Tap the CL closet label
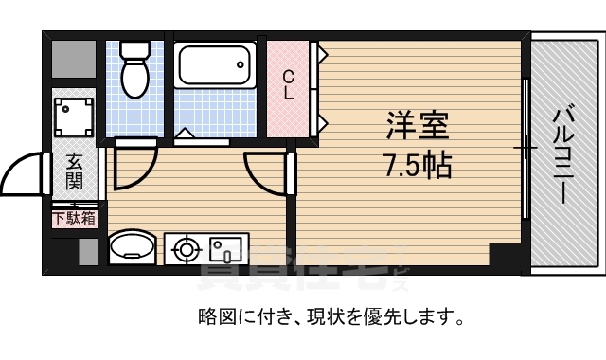(x=288, y=85)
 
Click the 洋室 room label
(x=418, y=125)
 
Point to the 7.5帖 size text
(x=418, y=166)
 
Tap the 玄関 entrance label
(x=74, y=173)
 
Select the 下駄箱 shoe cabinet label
(x=74, y=219)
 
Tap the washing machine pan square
(x=74, y=117)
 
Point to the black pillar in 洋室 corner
(x=503, y=256)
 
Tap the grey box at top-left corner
(x=74, y=60)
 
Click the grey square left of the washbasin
(x=88, y=251)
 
